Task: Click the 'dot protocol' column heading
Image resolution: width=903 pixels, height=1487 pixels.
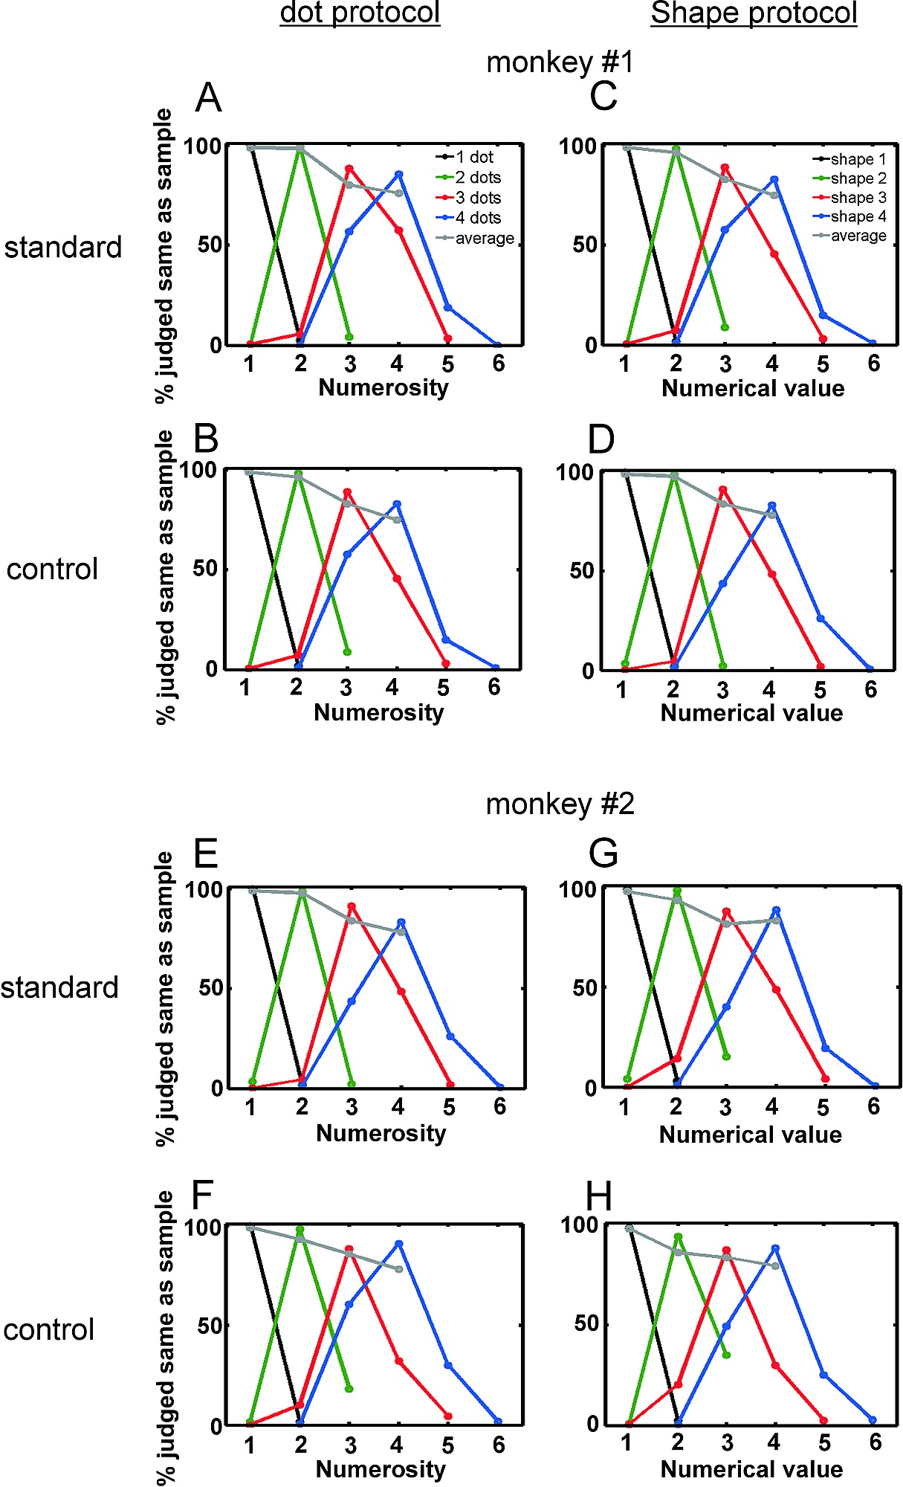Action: tap(360, 13)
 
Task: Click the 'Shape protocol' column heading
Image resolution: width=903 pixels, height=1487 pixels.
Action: tap(754, 13)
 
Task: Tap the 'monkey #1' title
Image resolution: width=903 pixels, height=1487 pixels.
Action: tap(560, 62)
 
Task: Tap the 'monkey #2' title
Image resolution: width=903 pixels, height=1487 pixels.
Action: tap(560, 804)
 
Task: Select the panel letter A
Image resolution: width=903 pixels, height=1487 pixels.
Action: tap(208, 97)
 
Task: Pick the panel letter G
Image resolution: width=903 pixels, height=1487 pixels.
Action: tap(603, 853)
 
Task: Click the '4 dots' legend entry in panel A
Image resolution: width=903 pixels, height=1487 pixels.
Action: tap(477, 218)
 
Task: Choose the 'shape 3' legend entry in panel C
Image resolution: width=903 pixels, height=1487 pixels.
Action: tap(858, 197)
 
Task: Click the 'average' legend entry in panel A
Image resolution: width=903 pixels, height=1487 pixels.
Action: tap(484, 238)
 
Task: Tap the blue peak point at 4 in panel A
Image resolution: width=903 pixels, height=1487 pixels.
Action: tap(399, 175)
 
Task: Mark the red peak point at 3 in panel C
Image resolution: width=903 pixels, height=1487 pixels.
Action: tap(725, 168)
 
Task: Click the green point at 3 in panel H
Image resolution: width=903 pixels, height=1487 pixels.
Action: tap(726, 1355)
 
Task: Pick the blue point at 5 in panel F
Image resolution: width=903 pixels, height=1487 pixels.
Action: tap(448, 1365)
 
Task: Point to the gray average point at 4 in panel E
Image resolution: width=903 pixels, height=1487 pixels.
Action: tap(401, 931)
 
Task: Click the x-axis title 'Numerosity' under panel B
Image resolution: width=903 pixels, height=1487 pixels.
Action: tap(379, 712)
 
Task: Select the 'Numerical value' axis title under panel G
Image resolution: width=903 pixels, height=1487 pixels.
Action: tap(751, 1135)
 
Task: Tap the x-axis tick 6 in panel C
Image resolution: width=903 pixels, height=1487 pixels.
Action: tap(873, 364)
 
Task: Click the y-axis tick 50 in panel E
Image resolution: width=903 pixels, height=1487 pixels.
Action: tap(211, 988)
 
